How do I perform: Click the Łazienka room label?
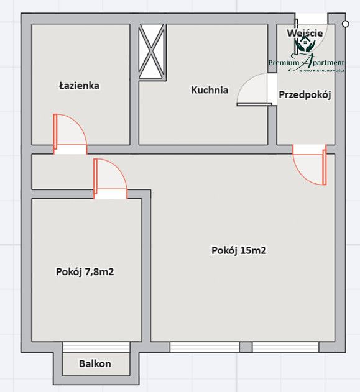tap(79, 86)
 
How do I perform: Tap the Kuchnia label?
tap(209, 90)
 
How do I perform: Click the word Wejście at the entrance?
tap(305, 32)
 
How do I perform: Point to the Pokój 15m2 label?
tap(239, 251)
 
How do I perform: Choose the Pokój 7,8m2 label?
tap(85, 271)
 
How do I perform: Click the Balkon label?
tap(95, 364)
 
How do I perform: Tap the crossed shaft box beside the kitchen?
tap(152, 51)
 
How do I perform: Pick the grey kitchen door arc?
tap(254, 90)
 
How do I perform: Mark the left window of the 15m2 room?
tap(205, 347)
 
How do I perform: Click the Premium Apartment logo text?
tap(306, 62)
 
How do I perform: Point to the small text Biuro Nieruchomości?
tap(321, 71)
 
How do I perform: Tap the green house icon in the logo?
tap(305, 45)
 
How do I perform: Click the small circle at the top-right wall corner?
tap(345, 22)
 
